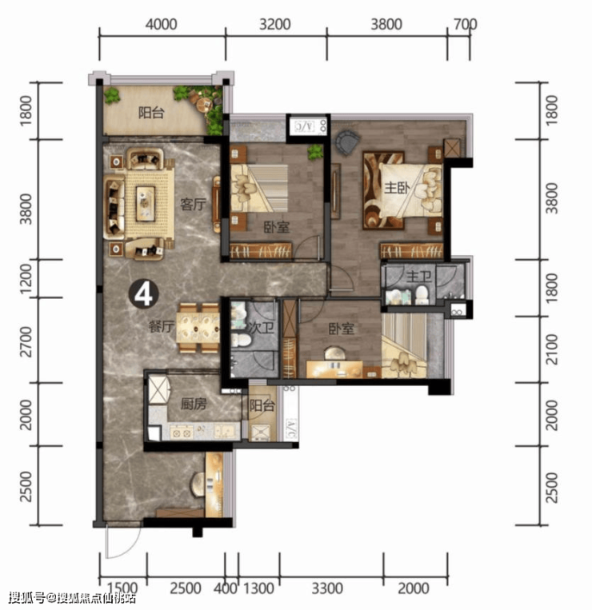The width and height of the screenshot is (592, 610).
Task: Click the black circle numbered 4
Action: click(x=144, y=294)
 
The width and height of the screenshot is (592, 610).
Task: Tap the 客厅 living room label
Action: click(x=193, y=204)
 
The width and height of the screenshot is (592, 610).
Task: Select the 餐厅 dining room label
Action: click(x=161, y=326)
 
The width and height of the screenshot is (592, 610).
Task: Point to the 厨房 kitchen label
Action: click(x=194, y=405)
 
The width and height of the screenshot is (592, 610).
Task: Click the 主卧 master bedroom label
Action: click(x=397, y=188)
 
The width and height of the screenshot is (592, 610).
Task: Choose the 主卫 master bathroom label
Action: click(x=418, y=277)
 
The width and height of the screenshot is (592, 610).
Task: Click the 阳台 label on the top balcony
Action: click(x=151, y=113)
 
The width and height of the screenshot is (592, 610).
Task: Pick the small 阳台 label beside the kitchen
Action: click(x=262, y=406)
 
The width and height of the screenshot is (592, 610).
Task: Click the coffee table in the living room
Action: click(x=145, y=203)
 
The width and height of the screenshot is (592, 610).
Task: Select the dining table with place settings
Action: click(x=198, y=328)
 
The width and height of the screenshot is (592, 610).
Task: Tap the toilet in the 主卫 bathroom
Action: click(x=421, y=296)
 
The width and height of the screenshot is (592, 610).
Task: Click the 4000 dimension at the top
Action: click(x=161, y=25)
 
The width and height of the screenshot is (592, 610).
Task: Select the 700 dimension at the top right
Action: click(x=465, y=24)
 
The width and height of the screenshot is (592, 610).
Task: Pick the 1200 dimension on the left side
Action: click(x=26, y=278)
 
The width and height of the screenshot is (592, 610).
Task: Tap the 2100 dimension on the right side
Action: click(x=552, y=349)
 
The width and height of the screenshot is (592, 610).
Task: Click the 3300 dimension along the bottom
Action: click(x=327, y=588)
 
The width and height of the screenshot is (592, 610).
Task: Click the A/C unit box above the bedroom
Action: click(x=307, y=126)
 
